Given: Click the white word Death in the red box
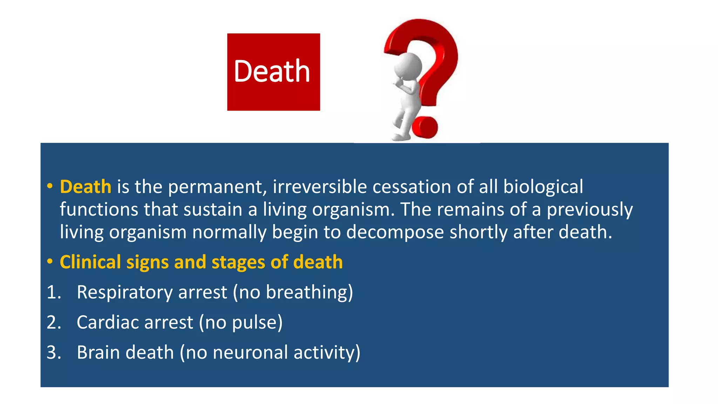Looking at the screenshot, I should tap(272, 72).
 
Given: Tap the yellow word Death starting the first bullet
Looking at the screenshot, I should tap(86, 187).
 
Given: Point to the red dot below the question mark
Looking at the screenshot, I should tap(425, 127).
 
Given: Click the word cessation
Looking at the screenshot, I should tap(412, 187).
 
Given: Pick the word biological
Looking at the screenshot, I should tap(543, 187).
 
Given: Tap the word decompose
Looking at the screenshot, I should tap(395, 232).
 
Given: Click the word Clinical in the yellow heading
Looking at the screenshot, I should tap(90, 262).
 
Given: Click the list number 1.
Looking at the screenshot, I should tap(53, 292).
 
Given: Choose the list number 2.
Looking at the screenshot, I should tap(53, 322).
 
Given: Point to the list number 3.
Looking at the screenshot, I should tap(53, 352).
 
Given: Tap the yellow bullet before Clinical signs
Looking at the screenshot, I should tap(50, 262).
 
